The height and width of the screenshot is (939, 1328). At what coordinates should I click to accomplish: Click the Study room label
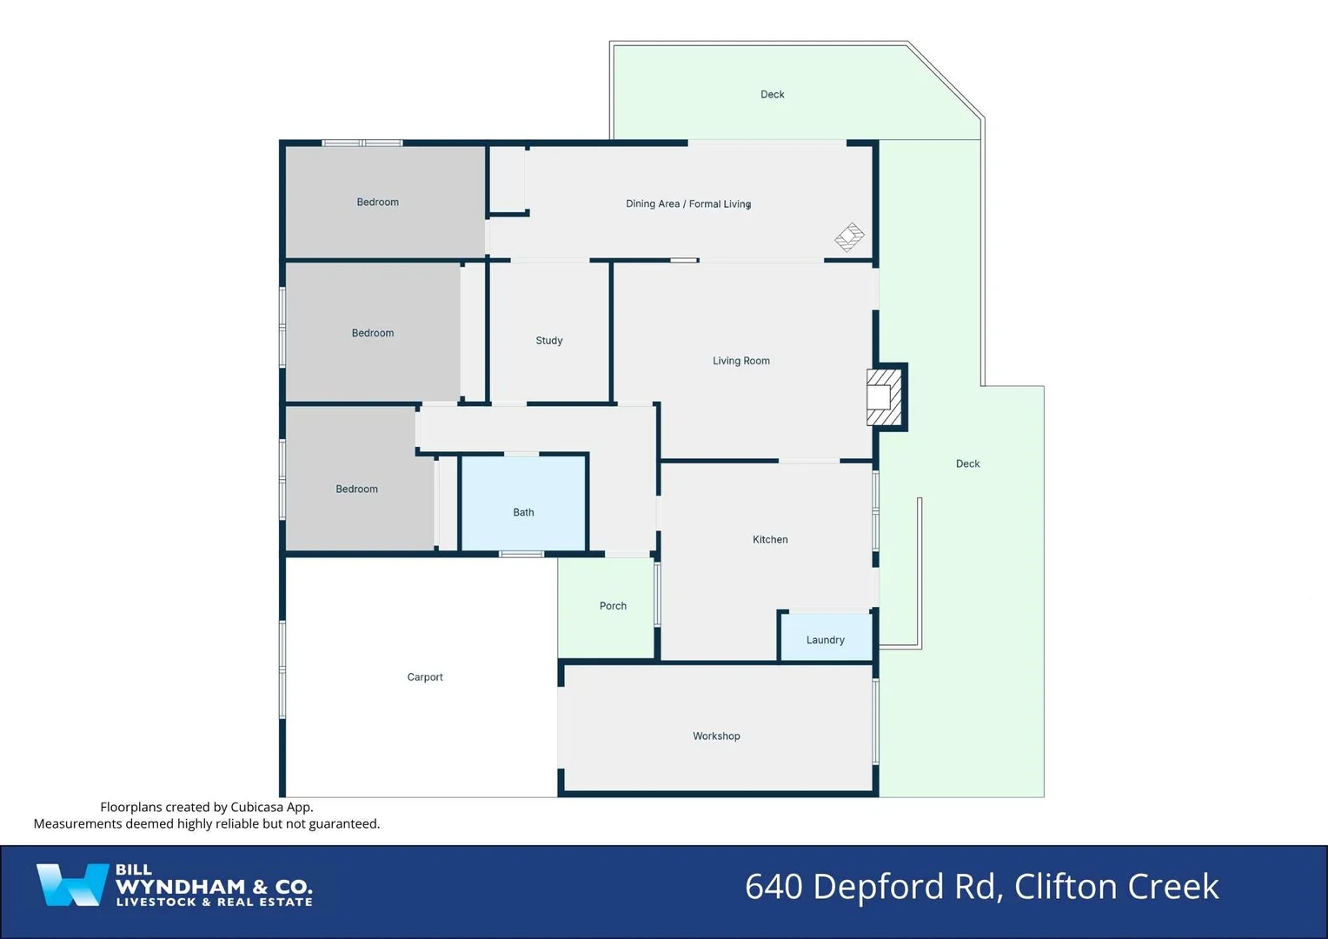tap(549, 341)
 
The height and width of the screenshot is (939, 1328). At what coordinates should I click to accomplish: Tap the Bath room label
tap(523, 512)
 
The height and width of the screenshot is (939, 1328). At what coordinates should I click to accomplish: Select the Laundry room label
tap(825, 640)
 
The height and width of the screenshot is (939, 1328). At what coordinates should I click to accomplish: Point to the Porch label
tap(613, 606)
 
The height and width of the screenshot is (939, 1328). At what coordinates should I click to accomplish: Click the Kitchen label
tap(770, 540)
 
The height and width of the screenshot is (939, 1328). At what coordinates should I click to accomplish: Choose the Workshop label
tap(716, 736)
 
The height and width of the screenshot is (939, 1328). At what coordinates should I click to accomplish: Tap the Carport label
tap(425, 677)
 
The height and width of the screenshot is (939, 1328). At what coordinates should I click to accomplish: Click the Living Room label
tap(740, 361)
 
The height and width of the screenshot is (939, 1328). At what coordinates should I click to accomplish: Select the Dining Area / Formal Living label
tap(687, 204)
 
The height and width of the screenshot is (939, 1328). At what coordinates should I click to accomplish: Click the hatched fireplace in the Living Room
tap(884, 397)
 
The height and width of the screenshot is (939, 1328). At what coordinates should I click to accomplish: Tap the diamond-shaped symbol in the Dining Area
tap(849, 236)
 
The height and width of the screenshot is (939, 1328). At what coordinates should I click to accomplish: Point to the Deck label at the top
tap(772, 95)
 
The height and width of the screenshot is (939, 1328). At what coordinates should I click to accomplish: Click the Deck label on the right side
tap(967, 464)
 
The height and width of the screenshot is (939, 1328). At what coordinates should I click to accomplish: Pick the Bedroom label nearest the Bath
tap(356, 489)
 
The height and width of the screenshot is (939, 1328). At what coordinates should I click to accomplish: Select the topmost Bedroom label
tap(377, 203)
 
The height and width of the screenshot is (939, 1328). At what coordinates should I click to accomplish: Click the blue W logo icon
tap(70, 885)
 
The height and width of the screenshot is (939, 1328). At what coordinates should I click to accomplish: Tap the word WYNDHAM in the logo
tap(181, 887)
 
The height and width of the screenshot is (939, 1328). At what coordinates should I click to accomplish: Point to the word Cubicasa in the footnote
tap(258, 807)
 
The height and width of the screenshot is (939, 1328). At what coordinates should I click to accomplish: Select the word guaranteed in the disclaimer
tap(344, 823)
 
